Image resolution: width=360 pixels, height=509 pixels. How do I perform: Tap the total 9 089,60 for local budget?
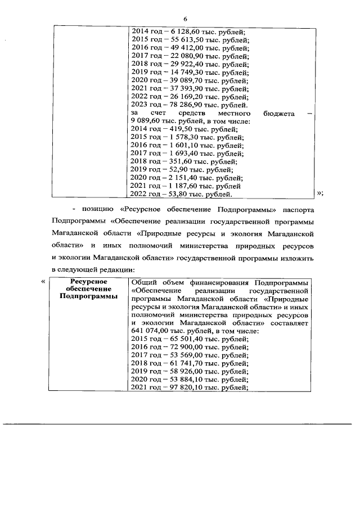point(147,121)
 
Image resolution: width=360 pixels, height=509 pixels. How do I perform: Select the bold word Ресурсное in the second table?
point(89,281)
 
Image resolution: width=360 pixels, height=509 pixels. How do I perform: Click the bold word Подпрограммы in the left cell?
point(89,296)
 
